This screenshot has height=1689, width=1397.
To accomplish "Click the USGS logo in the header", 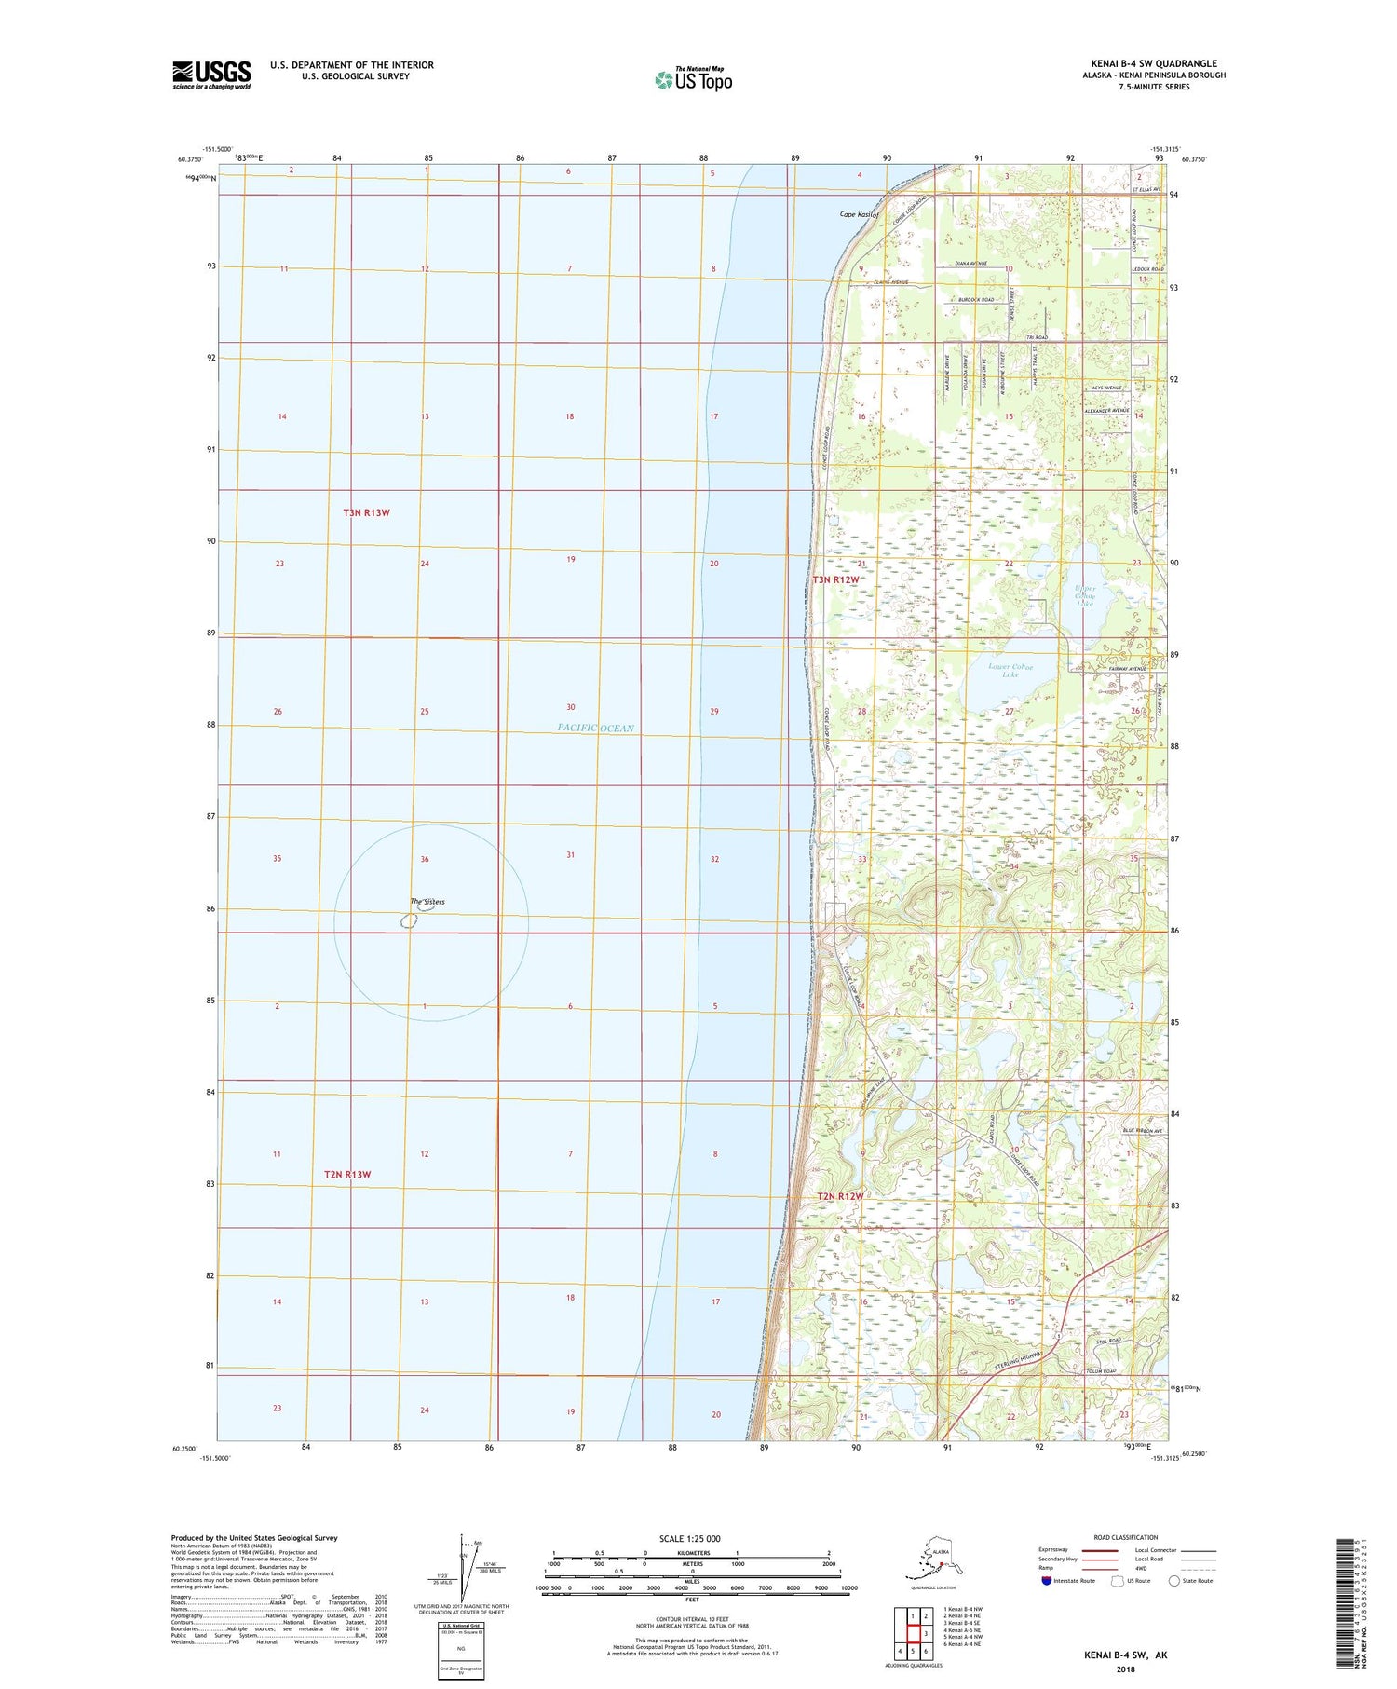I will tap(211, 75).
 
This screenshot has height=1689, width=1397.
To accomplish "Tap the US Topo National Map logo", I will tap(694, 79).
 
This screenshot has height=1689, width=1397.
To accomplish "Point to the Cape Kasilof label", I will tap(860, 214).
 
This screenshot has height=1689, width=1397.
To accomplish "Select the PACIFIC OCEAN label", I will tap(595, 728).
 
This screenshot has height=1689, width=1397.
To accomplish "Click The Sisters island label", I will tap(427, 901).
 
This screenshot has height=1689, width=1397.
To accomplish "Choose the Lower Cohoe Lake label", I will tap(1010, 670).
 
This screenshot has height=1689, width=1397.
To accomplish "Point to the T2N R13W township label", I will tap(347, 1174).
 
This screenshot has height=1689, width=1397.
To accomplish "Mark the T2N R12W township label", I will tap(840, 1195).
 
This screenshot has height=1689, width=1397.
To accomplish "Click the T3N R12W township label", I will tap(835, 579).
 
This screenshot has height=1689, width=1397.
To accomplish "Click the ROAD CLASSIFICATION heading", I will tap(1125, 1537).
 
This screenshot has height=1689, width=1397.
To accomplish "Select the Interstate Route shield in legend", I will tap(1047, 1580).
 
